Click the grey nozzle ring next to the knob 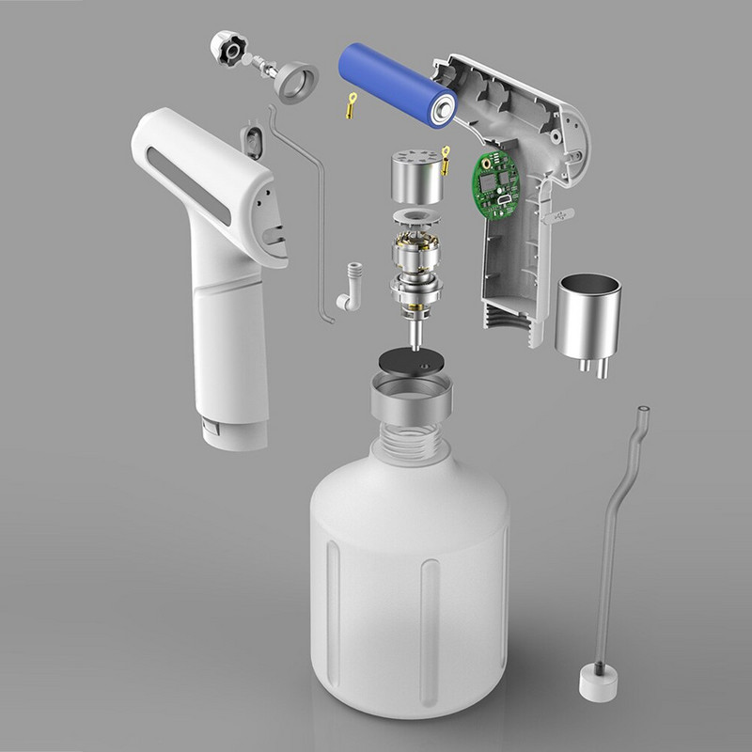(x=295, y=79)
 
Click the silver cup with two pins (x=587, y=315)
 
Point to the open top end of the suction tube (x=644, y=411)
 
